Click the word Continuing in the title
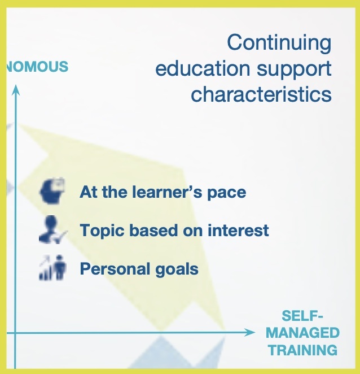279,43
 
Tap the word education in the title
203,68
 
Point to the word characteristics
261,94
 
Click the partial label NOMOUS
37,66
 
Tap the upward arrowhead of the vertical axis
16,90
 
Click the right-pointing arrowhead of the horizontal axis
250,333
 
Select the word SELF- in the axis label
302,316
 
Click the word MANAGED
302,333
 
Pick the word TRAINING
302,350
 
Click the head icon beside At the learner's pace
52,191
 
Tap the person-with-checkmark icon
53,229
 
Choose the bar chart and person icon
52,267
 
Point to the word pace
227,193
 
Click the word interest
238,231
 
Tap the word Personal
115,269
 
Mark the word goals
177,270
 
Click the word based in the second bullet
153,231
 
